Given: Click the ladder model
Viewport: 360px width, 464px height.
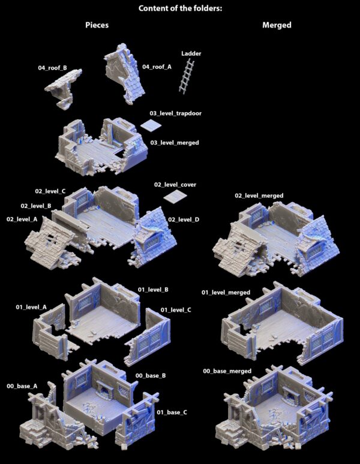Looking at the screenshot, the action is click(x=187, y=76).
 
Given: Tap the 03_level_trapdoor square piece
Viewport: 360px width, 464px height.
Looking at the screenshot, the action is click(x=151, y=125).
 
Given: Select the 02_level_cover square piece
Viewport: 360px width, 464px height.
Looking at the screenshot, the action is click(x=175, y=197).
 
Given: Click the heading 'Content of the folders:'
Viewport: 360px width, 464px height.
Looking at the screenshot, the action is click(x=180, y=8).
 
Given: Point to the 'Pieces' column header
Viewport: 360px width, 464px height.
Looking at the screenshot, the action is click(x=97, y=25).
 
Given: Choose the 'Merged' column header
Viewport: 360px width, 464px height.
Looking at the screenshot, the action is click(x=277, y=25).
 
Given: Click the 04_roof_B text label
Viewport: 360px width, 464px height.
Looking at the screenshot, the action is click(x=52, y=68).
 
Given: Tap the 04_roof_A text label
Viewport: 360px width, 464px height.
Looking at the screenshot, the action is click(x=157, y=67).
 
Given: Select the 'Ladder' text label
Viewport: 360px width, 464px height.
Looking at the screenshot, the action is click(x=191, y=53).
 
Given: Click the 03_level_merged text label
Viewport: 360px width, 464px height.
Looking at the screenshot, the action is click(x=175, y=143).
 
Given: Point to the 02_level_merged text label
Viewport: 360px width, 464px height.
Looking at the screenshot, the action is click(x=259, y=195).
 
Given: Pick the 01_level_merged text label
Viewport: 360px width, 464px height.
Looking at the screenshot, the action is click(x=226, y=293).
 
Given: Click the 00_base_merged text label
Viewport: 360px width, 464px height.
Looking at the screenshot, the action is click(x=227, y=371).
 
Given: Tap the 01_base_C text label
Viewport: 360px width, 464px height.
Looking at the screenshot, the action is click(x=172, y=412).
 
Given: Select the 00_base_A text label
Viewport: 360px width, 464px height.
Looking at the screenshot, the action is click(x=22, y=386).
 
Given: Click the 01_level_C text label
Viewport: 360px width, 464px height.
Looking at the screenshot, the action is click(x=176, y=310).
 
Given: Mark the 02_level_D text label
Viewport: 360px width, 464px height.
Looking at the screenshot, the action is click(x=184, y=219).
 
